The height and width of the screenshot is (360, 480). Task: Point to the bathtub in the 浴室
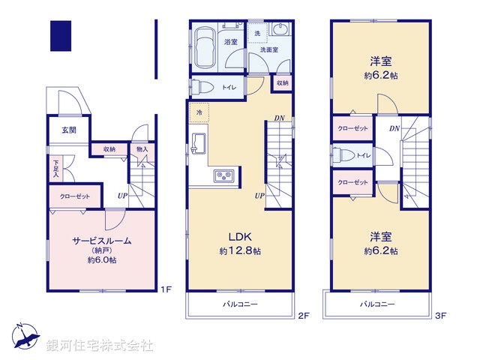(204, 45)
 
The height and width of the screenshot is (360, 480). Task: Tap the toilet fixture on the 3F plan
(345, 155)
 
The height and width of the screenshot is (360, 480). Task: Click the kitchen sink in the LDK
(200, 142)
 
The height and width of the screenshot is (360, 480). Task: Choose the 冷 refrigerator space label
(199, 112)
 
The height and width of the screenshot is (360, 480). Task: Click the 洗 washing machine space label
(256, 34)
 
